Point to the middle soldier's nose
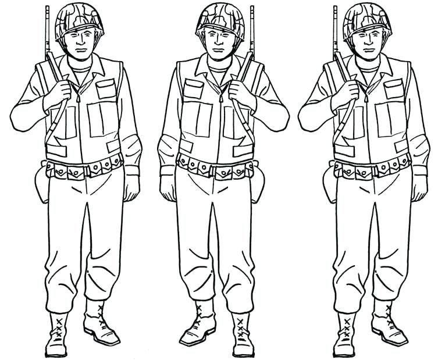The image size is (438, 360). click(218, 45)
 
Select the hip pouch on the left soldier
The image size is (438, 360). click(42, 183)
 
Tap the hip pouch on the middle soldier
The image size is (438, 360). click(256, 183)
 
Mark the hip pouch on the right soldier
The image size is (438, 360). click(329, 183)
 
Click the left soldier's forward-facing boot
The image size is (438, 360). click(58, 334)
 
